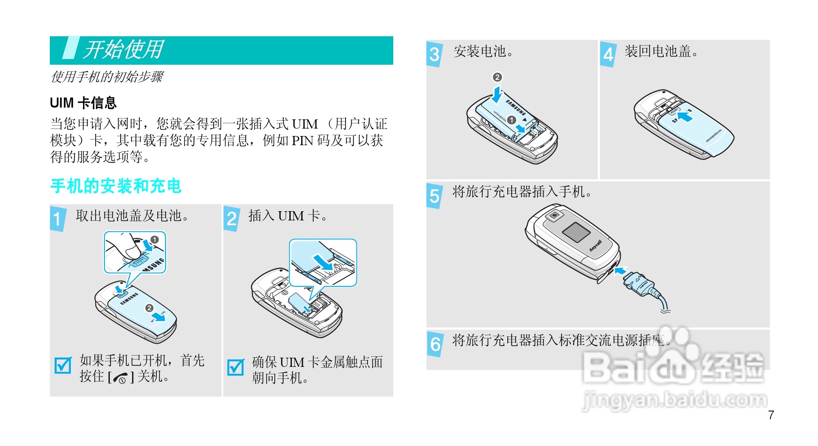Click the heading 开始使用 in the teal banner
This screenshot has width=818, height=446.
123,49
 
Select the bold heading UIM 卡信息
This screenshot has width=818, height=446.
83,103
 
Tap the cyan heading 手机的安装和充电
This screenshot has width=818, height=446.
116,186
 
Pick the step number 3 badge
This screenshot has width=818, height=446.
434,55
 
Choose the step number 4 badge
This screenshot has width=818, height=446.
608,55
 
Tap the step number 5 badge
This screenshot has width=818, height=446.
434,196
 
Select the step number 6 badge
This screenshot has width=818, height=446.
435,345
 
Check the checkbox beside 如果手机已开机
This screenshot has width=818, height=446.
63,365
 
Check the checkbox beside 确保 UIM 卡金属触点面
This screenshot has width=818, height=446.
236,367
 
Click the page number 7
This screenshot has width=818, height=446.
771,415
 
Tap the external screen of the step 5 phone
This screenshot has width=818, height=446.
576,232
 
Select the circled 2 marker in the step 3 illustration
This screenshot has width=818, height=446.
497,77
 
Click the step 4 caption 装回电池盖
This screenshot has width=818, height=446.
661,51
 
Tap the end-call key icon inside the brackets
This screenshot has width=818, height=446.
121,378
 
